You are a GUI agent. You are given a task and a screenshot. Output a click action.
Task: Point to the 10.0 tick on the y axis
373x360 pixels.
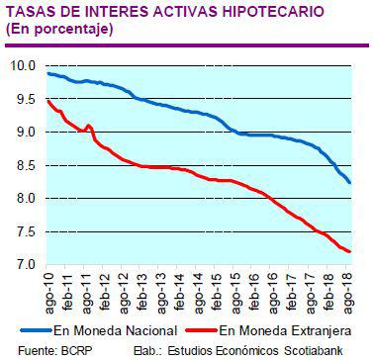pyautogui.click(x=23, y=66)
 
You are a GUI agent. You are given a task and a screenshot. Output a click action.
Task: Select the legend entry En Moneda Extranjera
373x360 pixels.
pyautogui.click(x=284, y=329)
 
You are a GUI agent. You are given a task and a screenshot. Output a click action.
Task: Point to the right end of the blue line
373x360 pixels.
pyautogui.click(x=350, y=182)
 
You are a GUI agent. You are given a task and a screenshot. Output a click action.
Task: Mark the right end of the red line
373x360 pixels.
pyautogui.click(x=350, y=251)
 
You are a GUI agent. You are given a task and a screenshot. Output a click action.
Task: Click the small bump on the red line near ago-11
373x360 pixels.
pyautogui.click(x=89, y=126)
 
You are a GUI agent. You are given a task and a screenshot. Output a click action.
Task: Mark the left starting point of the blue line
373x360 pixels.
pyautogui.click(x=47, y=74)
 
